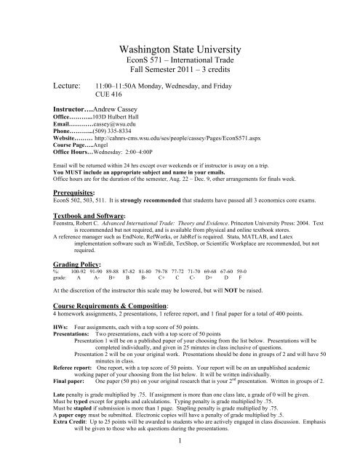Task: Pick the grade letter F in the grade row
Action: (241, 285)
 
